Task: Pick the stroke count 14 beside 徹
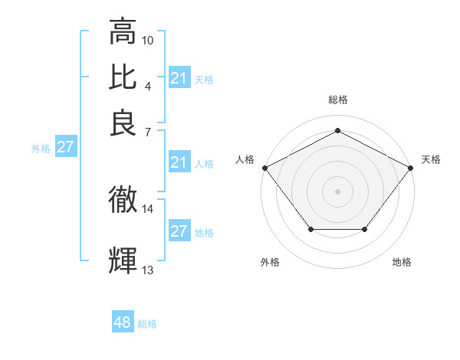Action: (x=148, y=208)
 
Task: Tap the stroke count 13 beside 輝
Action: (x=148, y=270)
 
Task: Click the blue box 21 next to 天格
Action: (x=179, y=78)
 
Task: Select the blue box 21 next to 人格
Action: (x=179, y=162)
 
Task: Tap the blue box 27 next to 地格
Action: (x=179, y=231)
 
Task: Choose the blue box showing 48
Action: (x=123, y=322)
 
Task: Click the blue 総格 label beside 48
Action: (x=147, y=324)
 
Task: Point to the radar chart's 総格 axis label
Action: (x=337, y=100)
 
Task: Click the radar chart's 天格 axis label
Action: (x=431, y=159)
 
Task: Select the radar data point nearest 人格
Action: (x=264, y=167)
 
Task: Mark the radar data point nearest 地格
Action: (x=365, y=230)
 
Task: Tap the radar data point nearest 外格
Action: (x=310, y=230)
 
